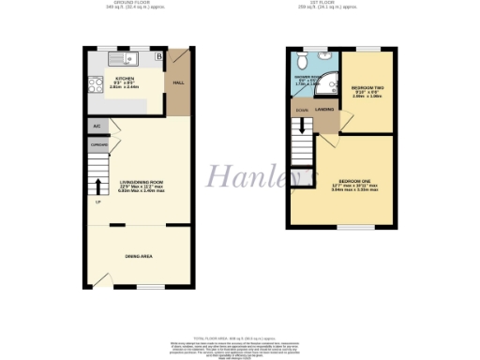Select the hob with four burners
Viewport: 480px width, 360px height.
(x=97, y=82)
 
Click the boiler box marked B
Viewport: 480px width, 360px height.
(x=158, y=57)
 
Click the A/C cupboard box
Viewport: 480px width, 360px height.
(x=97, y=125)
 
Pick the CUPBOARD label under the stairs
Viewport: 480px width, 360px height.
(x=97, y=145)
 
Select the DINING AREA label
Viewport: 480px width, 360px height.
(x=141, y=255)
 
